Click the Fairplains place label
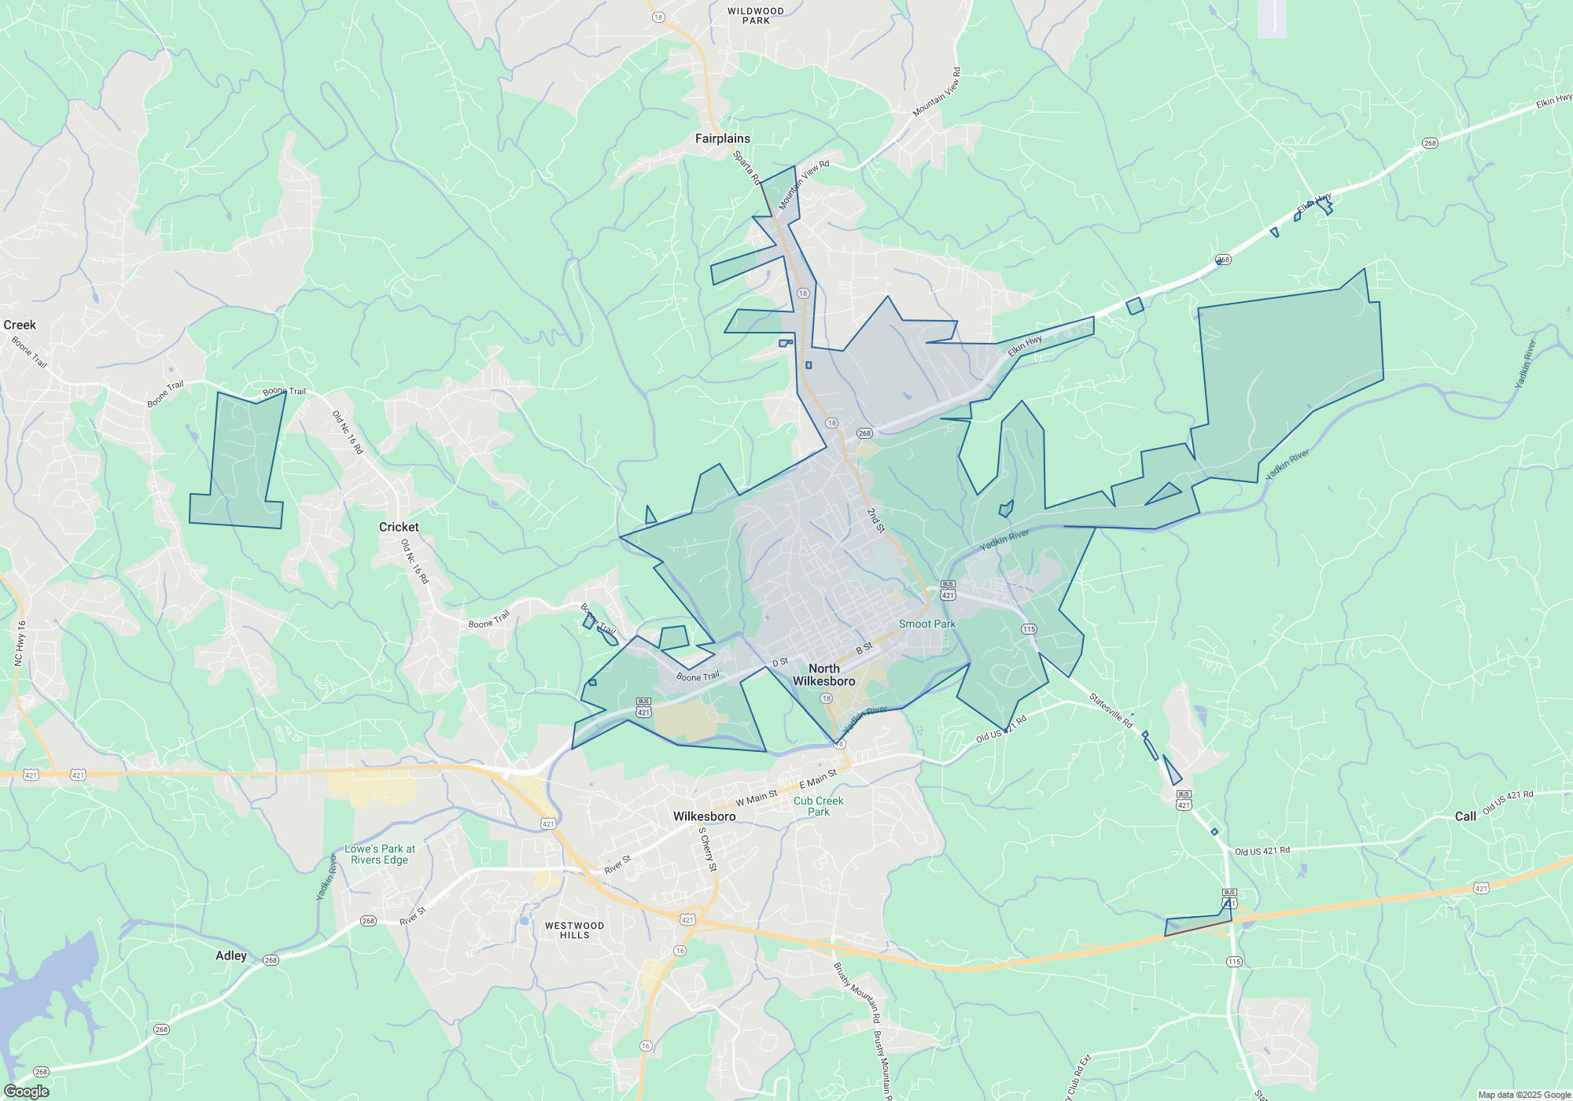(722, 138)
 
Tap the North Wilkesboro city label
(823, 675)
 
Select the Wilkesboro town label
(704, 816)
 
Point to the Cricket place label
(399, 527)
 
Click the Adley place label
(231, 956)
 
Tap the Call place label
(1465, 816)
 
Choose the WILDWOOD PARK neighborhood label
(755, 16)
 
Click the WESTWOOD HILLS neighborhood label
(574, 930)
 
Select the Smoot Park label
(927, 624)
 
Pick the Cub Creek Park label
(818, 806)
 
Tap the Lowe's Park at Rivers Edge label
(380, 854)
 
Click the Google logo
(26, 1091)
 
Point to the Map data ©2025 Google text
(1523, 1095)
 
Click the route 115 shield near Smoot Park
(1029, 629)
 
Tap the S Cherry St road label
(708, 849)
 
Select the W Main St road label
(756, 798)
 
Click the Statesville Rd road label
(1111, 709)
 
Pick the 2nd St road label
(875, 520)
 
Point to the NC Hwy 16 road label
(20, 643)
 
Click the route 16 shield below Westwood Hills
(680, 951)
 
